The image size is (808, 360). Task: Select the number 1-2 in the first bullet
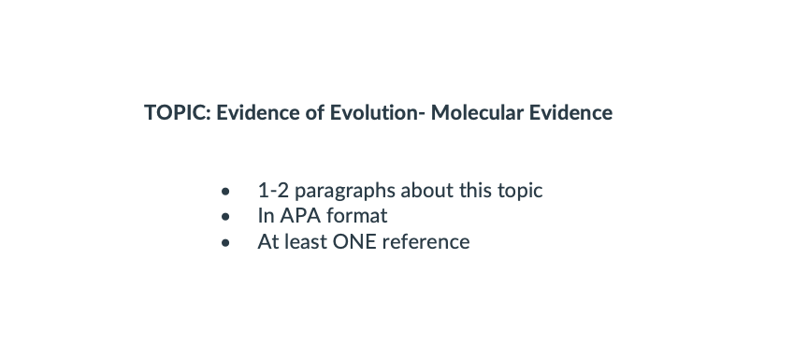point(273,191)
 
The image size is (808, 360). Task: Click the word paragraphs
point(345,192)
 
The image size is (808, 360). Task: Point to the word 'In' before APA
point(266,216)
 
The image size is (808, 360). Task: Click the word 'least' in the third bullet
point(306,241)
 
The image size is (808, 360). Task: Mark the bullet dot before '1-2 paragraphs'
point(225,192)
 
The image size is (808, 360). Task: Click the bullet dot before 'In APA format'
point(225,217)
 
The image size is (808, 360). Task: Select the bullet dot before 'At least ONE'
point(225,242)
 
